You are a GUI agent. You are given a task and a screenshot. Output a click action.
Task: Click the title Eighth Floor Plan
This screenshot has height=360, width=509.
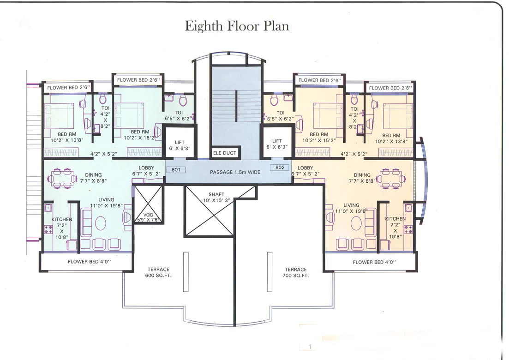(x=237, y=26)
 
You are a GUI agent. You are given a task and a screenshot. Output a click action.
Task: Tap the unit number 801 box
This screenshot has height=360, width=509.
(x=176, y=169)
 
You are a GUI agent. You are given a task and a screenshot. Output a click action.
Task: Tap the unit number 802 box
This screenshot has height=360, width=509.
(x=280, y=168)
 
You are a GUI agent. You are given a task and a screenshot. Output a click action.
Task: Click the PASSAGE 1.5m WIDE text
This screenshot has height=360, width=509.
(x=235, y=172)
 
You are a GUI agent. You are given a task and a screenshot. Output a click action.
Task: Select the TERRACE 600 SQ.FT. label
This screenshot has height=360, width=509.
(x=158, y=272)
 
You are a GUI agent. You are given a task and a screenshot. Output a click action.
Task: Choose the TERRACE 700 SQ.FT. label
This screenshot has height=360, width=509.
(x=296, y=272)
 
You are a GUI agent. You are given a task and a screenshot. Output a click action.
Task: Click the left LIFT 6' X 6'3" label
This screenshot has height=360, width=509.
(x=180, y=144)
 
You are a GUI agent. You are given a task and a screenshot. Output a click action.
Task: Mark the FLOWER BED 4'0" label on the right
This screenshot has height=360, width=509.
(x=374, y=262)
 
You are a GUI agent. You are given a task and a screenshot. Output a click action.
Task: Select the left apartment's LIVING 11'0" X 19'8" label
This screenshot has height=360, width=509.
(x=106, y=203)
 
